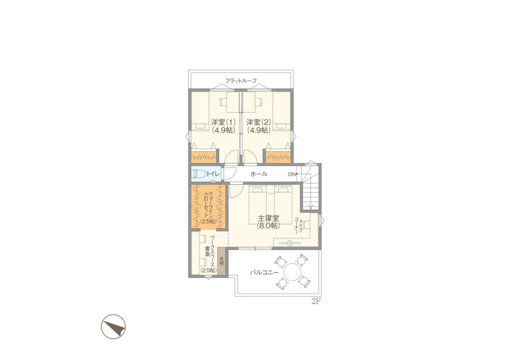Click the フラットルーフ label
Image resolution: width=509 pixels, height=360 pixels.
[241, 80]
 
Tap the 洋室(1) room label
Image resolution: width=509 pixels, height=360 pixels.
[223, 122]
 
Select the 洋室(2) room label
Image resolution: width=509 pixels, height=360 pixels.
[259, 122]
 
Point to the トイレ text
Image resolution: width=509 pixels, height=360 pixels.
[213, 174]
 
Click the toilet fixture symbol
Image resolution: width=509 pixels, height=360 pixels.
[199, 174]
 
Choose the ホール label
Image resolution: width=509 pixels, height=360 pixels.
[259, 174]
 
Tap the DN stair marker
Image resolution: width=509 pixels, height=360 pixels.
[292, 174]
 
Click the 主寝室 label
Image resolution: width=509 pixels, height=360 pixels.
[268, 218]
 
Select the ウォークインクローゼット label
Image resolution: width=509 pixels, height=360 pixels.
[208, 205]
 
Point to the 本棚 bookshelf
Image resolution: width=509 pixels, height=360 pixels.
[221, 261]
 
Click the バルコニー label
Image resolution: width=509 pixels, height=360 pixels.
[264, 273]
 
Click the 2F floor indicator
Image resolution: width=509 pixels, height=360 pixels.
[316, 301]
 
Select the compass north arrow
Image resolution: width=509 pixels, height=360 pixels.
[114, 326]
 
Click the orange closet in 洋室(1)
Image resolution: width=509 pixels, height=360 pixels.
[204, 157]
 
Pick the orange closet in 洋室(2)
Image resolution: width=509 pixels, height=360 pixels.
[278, 157]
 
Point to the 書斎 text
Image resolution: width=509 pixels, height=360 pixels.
[207, 251]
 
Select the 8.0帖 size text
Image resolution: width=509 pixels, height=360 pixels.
[268, 226]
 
